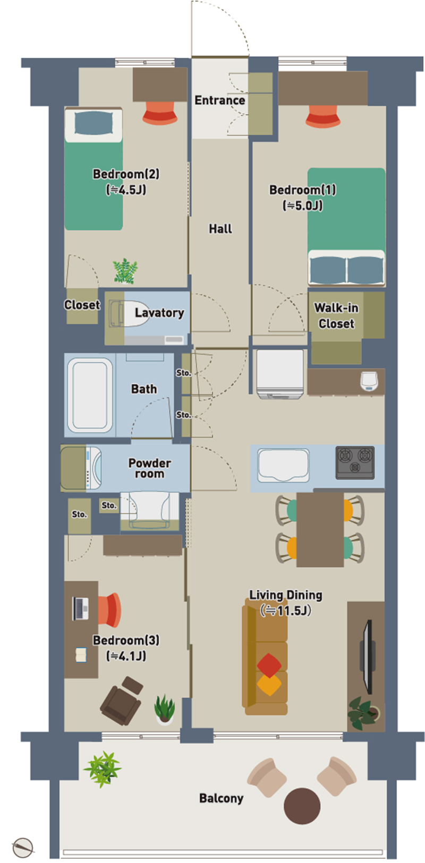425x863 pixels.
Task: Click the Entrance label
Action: [220, 100]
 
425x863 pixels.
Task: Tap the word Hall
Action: [220, 229]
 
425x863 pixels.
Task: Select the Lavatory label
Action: [159, 313]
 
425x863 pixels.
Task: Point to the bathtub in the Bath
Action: [90, 395]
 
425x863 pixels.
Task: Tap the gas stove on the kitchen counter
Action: [355, 462]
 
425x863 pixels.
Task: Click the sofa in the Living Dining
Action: [265, 657]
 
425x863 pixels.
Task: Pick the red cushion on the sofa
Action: [269, 665]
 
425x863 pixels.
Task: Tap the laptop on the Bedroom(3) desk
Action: [81, 608]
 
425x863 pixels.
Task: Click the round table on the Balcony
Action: [302, 806]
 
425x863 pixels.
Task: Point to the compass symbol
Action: [23, 848]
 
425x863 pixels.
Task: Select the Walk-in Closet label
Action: [336, 316]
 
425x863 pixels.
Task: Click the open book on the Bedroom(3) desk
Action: [81, 654]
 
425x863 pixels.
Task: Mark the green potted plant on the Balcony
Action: [103, 769]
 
